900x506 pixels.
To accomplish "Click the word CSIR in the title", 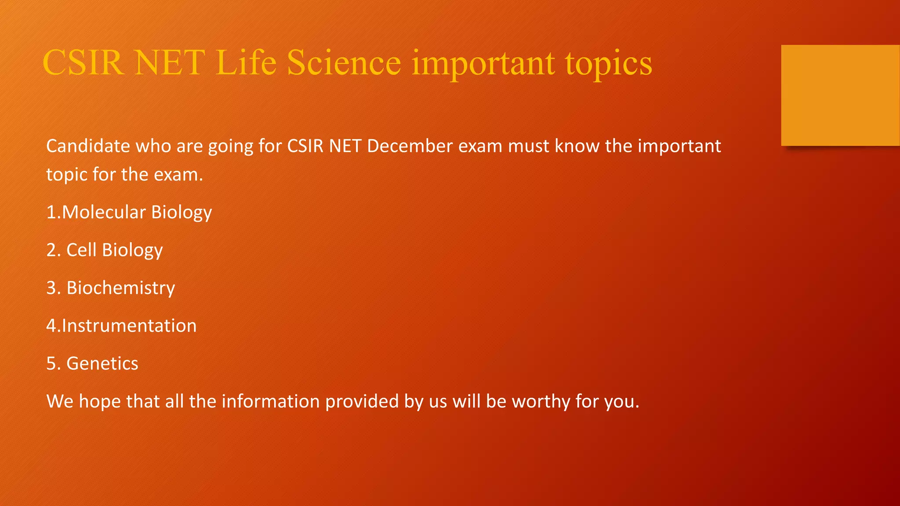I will pyautogui.click(x=83, y=63).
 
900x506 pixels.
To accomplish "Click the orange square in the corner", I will pyautogui.click(x=840, y=95).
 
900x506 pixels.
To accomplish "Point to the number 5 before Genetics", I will pyautogui.click(x=51, y=364).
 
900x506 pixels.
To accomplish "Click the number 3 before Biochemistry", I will pyautogui.click(x=51, y=288).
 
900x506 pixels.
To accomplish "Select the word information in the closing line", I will pyautogui.click(x=270, y=401).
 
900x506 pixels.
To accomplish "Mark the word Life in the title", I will pyautogui.click(x=246, y=63).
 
